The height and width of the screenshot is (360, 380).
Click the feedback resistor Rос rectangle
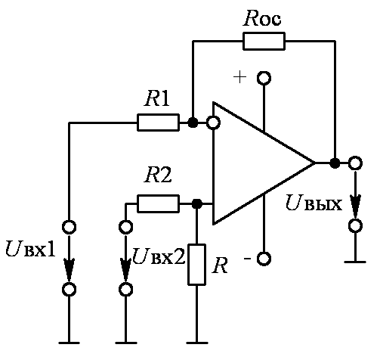264,41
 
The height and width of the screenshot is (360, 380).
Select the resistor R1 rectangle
158,123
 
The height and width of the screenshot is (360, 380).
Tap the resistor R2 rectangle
158,203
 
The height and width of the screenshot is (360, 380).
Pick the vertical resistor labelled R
196,265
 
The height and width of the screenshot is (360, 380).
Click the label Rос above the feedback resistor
262,18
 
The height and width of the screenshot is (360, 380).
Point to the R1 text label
157,98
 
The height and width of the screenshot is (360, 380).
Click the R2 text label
158,175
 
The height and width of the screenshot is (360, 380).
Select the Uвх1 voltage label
30,249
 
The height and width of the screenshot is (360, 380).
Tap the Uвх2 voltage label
159,256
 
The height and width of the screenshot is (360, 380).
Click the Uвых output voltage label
314,203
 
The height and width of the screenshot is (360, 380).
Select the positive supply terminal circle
264,78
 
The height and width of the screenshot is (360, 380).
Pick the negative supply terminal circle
264,259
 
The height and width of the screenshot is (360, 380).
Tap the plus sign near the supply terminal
239,77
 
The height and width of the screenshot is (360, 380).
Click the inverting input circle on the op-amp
213,123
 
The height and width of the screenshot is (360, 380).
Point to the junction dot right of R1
193,123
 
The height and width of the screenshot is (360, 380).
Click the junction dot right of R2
196,203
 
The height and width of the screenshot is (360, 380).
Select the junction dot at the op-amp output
335,163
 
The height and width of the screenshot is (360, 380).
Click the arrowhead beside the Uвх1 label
69,270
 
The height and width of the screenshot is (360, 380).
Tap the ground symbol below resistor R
196,343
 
